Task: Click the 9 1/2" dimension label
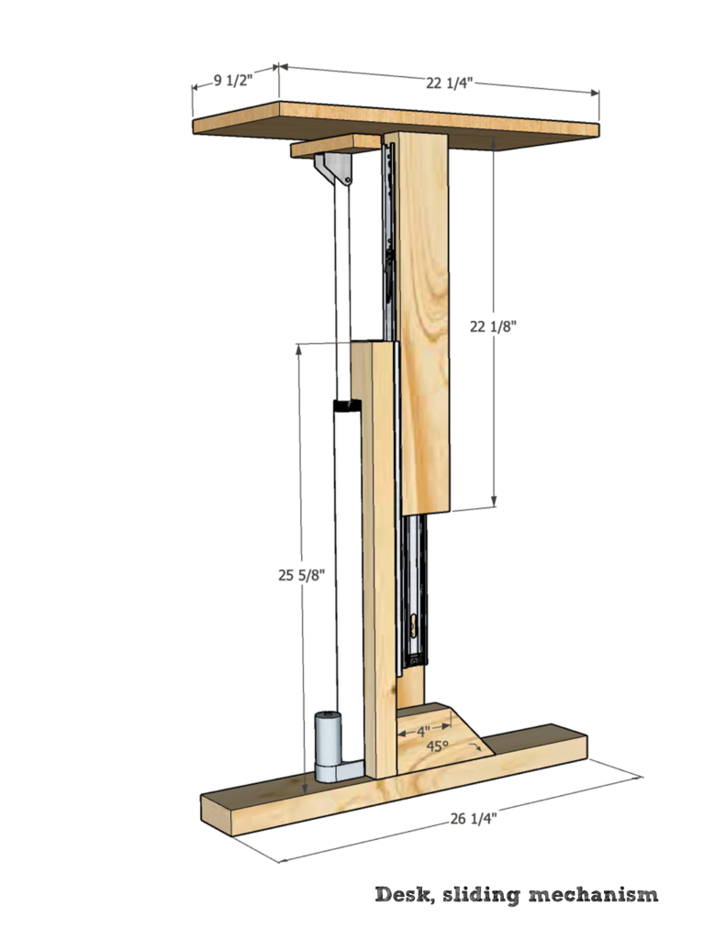tap(233, 81)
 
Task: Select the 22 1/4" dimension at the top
tap(449, 83)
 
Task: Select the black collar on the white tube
tap(347, 405)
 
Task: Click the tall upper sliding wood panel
tap(425, 321)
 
